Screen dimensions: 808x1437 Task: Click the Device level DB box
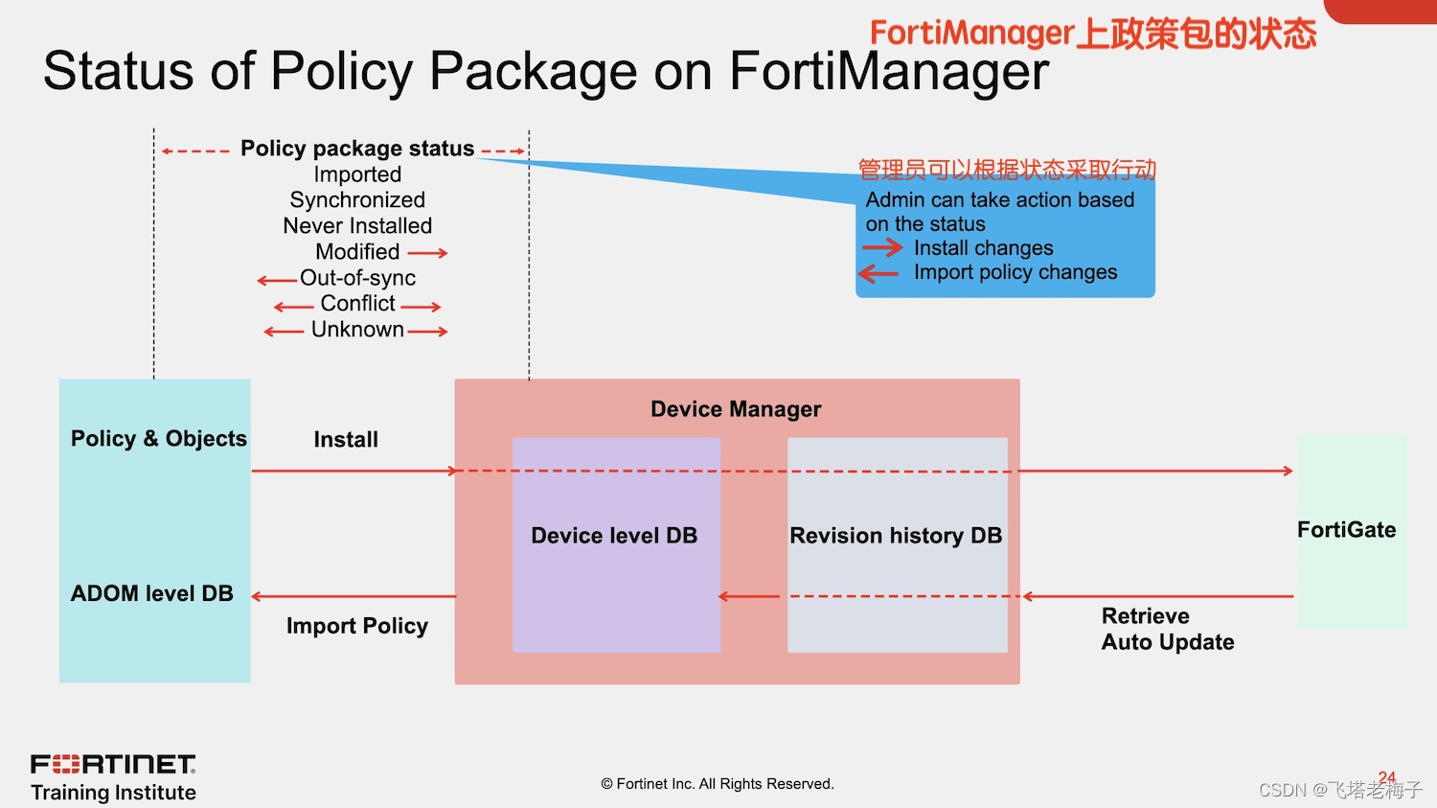pos(615,544)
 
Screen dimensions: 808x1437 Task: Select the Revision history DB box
pos(897,544)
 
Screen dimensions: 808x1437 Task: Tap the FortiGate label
pos(1346,530)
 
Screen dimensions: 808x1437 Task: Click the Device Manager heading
pos(736,409)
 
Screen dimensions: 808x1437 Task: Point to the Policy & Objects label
pos(159,439)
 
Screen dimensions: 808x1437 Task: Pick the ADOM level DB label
pos(152,593)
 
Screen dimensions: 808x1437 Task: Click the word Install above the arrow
pos(346,440)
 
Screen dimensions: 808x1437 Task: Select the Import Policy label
pos(357,626)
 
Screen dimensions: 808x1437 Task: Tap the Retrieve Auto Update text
pos(1167,629)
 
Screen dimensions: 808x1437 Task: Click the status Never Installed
pos(357,226)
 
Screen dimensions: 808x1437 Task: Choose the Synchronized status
pos(357,200)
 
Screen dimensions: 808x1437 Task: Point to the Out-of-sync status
pos(357,278)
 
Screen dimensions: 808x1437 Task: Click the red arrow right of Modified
pos(427,253)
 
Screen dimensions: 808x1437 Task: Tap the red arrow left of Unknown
pos(284,332)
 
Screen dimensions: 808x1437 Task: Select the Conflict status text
pos(357,304)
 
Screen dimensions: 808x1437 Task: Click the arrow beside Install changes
pos(882,248)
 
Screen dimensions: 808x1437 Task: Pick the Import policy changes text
pos(1015,272)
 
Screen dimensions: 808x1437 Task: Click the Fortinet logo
pos(113,764)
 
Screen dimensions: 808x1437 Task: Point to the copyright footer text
pos(718,784)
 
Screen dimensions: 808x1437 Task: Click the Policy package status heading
pos(357,149)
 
